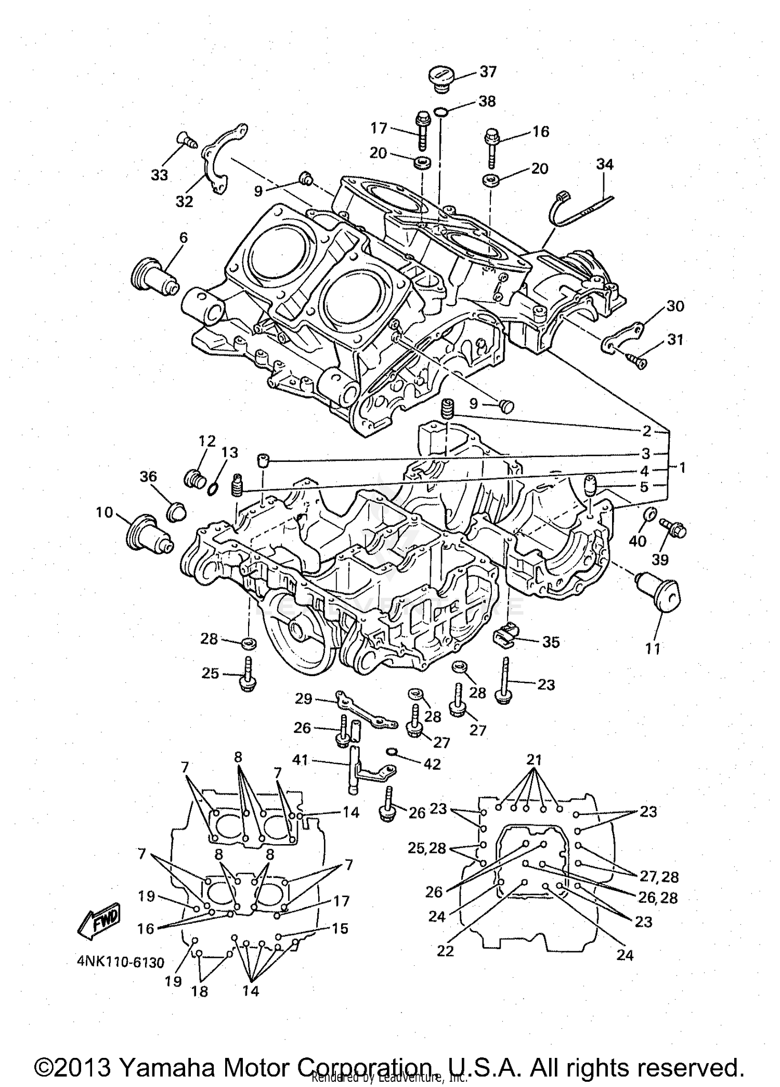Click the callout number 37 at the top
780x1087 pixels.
488,71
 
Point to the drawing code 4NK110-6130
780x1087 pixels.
121,962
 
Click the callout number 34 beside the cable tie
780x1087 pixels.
604,164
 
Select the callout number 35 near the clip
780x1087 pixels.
551,642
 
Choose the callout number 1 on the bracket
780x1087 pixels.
682,468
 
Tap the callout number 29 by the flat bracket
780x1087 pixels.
303,698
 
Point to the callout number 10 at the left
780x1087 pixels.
104,512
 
